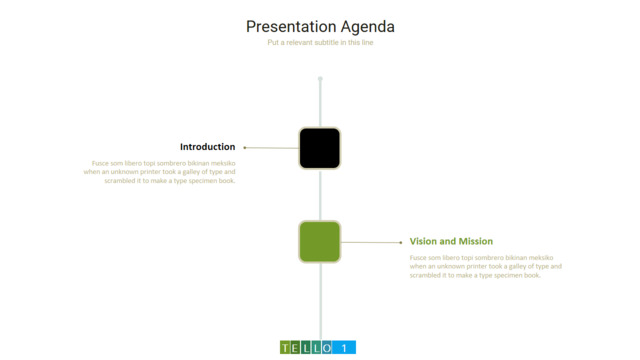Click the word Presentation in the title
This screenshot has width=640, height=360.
(291, 27)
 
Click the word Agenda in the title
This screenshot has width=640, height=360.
(368, 28)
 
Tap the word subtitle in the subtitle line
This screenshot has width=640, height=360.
(327, 42)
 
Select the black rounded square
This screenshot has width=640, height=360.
(320, 148)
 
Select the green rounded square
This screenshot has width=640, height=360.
(320, 242)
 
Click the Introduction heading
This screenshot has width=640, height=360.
(207, 147)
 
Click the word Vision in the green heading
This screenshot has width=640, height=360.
(424, 241)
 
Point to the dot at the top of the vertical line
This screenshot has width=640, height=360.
(320, 78)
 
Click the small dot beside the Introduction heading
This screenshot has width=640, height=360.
(244, 148)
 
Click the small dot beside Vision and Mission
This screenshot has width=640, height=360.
(400, 242)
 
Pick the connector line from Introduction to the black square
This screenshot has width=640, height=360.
(272, 148)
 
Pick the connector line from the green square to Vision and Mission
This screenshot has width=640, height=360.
(371, 242)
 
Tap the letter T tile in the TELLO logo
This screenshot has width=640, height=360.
(285, 348)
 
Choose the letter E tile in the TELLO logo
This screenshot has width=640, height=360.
(295, 348)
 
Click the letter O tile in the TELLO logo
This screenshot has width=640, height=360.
(326, 348)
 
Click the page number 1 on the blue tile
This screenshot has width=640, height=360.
(344, 348)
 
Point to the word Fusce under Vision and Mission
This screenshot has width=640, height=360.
(418, 258)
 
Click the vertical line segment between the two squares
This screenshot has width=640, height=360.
(320, 195)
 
